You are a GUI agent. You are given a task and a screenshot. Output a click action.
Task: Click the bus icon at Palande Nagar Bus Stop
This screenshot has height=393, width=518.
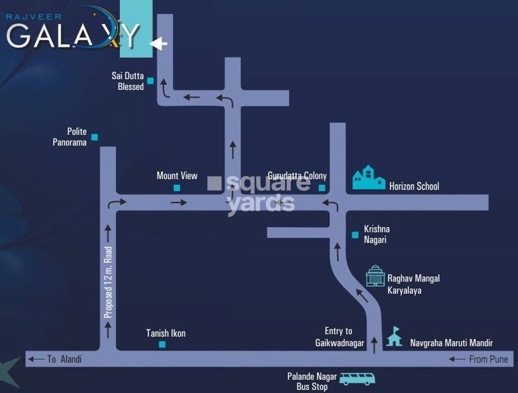(x=357, y=379)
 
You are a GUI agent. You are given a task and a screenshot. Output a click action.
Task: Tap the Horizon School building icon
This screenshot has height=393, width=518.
(x=369, y=178)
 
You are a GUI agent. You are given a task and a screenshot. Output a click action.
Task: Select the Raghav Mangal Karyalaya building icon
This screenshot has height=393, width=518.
(x=375, y=276)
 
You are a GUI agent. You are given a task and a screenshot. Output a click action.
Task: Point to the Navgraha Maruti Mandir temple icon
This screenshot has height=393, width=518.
(x=394, y=337)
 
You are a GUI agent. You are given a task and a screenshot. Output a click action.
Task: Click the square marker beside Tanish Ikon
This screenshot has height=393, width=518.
(x=162, y=345)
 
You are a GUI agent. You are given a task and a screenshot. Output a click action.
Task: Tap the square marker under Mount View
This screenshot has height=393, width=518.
(x=177, y=188)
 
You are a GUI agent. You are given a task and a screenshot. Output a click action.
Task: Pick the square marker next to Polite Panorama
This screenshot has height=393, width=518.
(x=94, y=137)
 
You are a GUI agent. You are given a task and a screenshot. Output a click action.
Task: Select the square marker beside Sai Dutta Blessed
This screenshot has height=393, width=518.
(x=150, y=80)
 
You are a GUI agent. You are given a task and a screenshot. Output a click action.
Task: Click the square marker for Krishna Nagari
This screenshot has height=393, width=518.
(x=355, y=235)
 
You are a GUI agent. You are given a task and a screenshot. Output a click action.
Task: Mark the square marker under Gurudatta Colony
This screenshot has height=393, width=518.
(x=322, y=188)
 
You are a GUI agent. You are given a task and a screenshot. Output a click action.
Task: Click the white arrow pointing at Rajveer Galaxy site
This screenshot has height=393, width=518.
(x=159, y=44)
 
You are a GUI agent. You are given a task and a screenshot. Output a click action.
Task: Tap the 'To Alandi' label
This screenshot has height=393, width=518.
(x=64, y=359)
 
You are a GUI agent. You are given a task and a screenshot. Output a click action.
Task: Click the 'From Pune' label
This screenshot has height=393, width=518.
(x=488, y=359)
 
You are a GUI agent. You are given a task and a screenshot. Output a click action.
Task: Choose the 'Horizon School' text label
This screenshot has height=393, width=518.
(x=414, y=186)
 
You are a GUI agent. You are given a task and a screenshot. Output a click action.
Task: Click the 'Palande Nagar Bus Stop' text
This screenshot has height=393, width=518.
(x=312, y=382)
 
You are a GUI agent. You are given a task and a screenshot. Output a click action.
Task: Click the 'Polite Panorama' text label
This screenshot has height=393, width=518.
(x=69, y=137)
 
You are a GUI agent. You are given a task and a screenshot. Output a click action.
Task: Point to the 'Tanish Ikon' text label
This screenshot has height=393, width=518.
(x=165, y=333)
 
